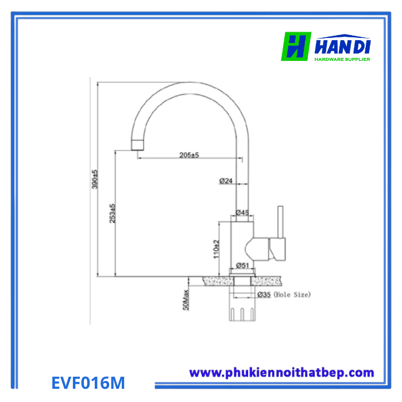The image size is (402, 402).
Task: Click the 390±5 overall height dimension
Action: pyautogui.click(x=95, y=179)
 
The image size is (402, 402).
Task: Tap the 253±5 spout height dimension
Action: pyautogui.click(x=113, y=213)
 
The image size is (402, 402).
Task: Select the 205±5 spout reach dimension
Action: pyautogui.click(x=189, y=155)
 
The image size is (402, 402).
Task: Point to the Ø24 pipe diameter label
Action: pyautogui.click(x=226, y=181)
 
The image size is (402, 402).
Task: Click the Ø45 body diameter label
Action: pyautogui.click(x=242, y=212)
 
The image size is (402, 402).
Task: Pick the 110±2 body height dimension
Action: pyautogui.click(x=217, y=249)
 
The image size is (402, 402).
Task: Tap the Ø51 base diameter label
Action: pyautogui.click(x=242, y=265)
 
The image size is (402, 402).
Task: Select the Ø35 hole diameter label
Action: pyautogui.click(x=264, y=295)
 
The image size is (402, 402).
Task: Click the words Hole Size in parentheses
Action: pyautogui.click(x=292, y=295)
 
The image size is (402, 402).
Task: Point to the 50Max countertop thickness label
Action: pyautogui.click(x=186, y=300)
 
